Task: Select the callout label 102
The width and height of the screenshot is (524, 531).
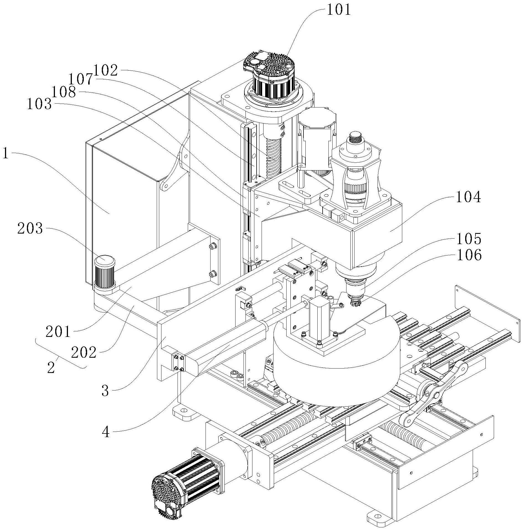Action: pos(106,71)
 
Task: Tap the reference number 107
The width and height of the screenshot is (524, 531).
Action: pos(80,79)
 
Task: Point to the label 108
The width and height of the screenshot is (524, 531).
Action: pos(64,92)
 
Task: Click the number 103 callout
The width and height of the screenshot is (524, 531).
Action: pos(39,104)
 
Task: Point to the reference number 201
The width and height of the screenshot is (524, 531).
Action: pos(58,332)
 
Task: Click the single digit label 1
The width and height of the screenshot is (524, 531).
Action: pos(6,153)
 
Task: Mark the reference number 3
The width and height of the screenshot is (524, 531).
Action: pos(105,391)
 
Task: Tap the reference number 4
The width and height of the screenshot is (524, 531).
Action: pos(106,432)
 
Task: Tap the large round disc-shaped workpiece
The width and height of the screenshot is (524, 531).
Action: pos(336,367)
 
